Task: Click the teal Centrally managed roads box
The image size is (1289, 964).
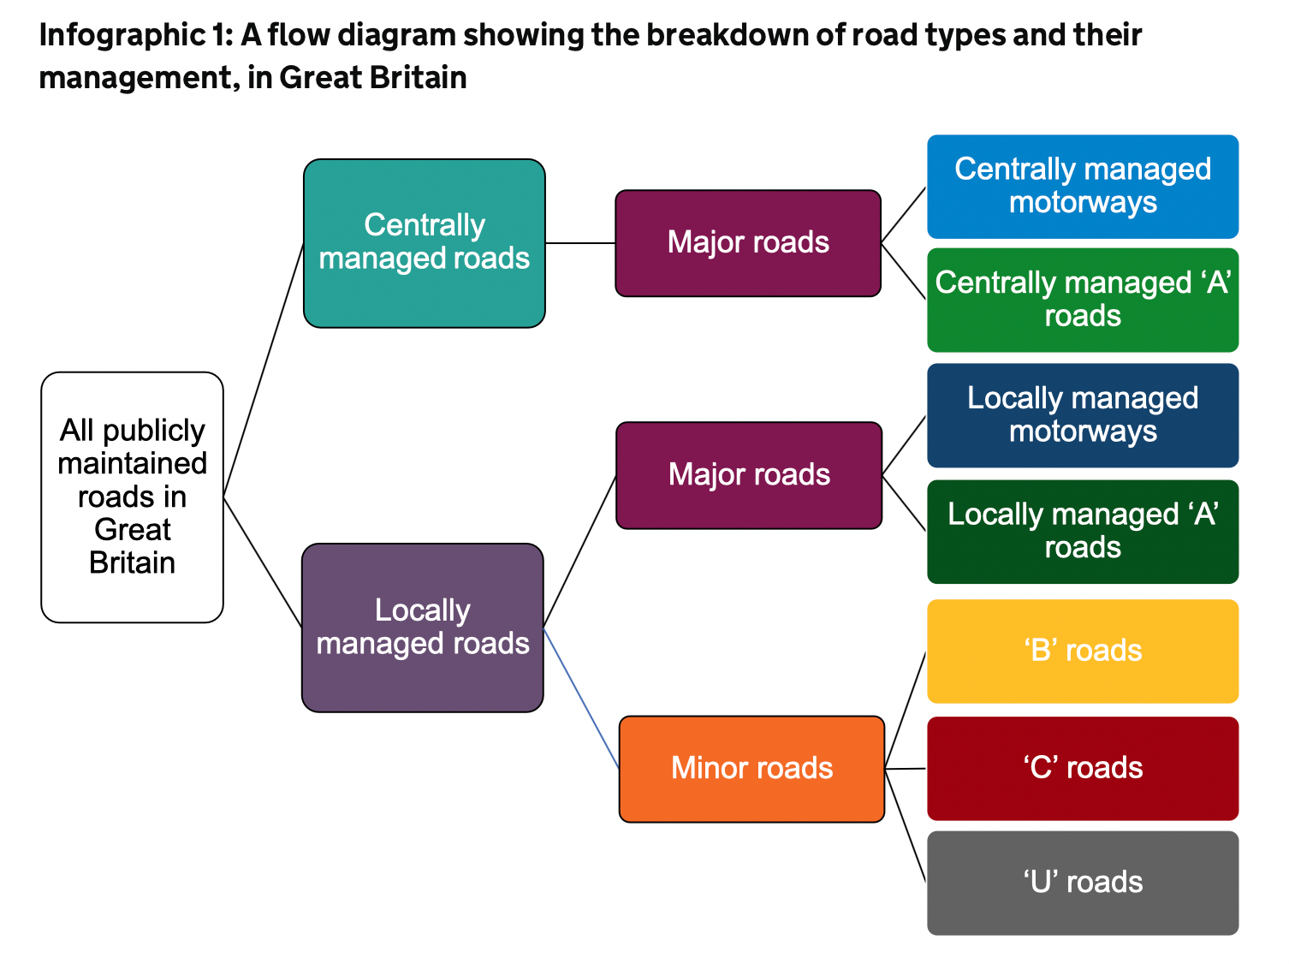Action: pyautogui.click(x=424, y=243)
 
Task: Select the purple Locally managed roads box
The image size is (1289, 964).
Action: pyautogui.click(x=423, y=628)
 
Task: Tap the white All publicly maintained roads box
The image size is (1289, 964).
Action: pyautogui.click(x=132, y=497)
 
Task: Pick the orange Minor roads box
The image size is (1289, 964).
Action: pyautogui.click(x=751, y=769)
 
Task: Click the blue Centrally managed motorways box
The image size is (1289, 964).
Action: pyautogui.click(x=1083, y=187)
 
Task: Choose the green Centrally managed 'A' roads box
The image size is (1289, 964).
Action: pyautogui.click(x=1083, y=300)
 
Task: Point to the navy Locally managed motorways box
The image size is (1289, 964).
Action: pyautogui.click(x=1083, y=415)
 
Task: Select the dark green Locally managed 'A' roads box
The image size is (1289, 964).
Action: pyautogui.click(x=1083, y=532)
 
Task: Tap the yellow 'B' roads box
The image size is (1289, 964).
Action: pyautogui.click(x=1083, y=651)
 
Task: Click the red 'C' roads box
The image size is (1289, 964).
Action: pyautogui.click(x=1083, y=768)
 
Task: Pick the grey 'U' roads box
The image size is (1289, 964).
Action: pyautogui.click(x=1083, y=883)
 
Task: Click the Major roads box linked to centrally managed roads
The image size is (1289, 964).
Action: pyautogui.click(x=748, y=243)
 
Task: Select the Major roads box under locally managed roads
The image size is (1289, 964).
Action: pyautogui.click(x=749, y=475)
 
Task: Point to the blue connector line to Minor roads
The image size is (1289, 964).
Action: pyautogui.click(x=581, y=698)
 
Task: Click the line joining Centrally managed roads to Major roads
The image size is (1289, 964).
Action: pyautogui.click(x=580, y=243)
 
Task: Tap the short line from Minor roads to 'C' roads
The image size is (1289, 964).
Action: pyautogui.click(x=906, y=769)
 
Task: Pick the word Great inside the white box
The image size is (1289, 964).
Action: pyautogui.click(x=133, y=530)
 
